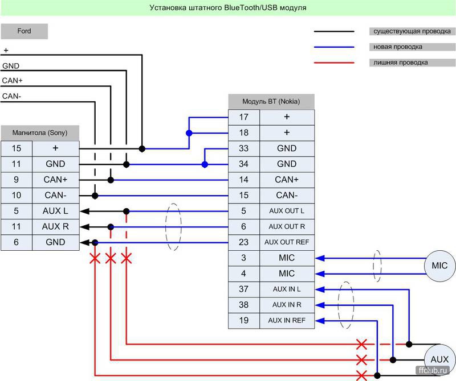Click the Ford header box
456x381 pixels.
point(24,31)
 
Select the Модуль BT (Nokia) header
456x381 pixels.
point(271,102)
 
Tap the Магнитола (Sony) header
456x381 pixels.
point(40,133)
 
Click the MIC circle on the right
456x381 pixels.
point(439,266)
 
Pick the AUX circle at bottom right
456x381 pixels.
point(439,360)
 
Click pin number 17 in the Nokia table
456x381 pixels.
point(244,117)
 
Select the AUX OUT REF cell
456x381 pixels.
point(287,242)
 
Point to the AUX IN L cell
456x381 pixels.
point(287,289)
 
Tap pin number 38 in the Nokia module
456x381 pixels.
point(244,305)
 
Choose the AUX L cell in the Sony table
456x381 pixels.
point(55,211)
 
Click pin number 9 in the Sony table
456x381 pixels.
point(17,180)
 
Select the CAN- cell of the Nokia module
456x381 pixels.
point(287,195)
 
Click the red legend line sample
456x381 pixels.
point(334,63)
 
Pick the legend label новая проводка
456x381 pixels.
point(397,47)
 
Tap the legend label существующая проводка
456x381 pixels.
point(412,31)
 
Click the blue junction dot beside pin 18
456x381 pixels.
point(189,133)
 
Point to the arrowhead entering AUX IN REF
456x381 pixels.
point(320,321)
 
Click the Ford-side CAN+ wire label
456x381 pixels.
point(12,81)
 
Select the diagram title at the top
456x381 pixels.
point(227,8)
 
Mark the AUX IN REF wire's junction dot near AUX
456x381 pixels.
point(377,375)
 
